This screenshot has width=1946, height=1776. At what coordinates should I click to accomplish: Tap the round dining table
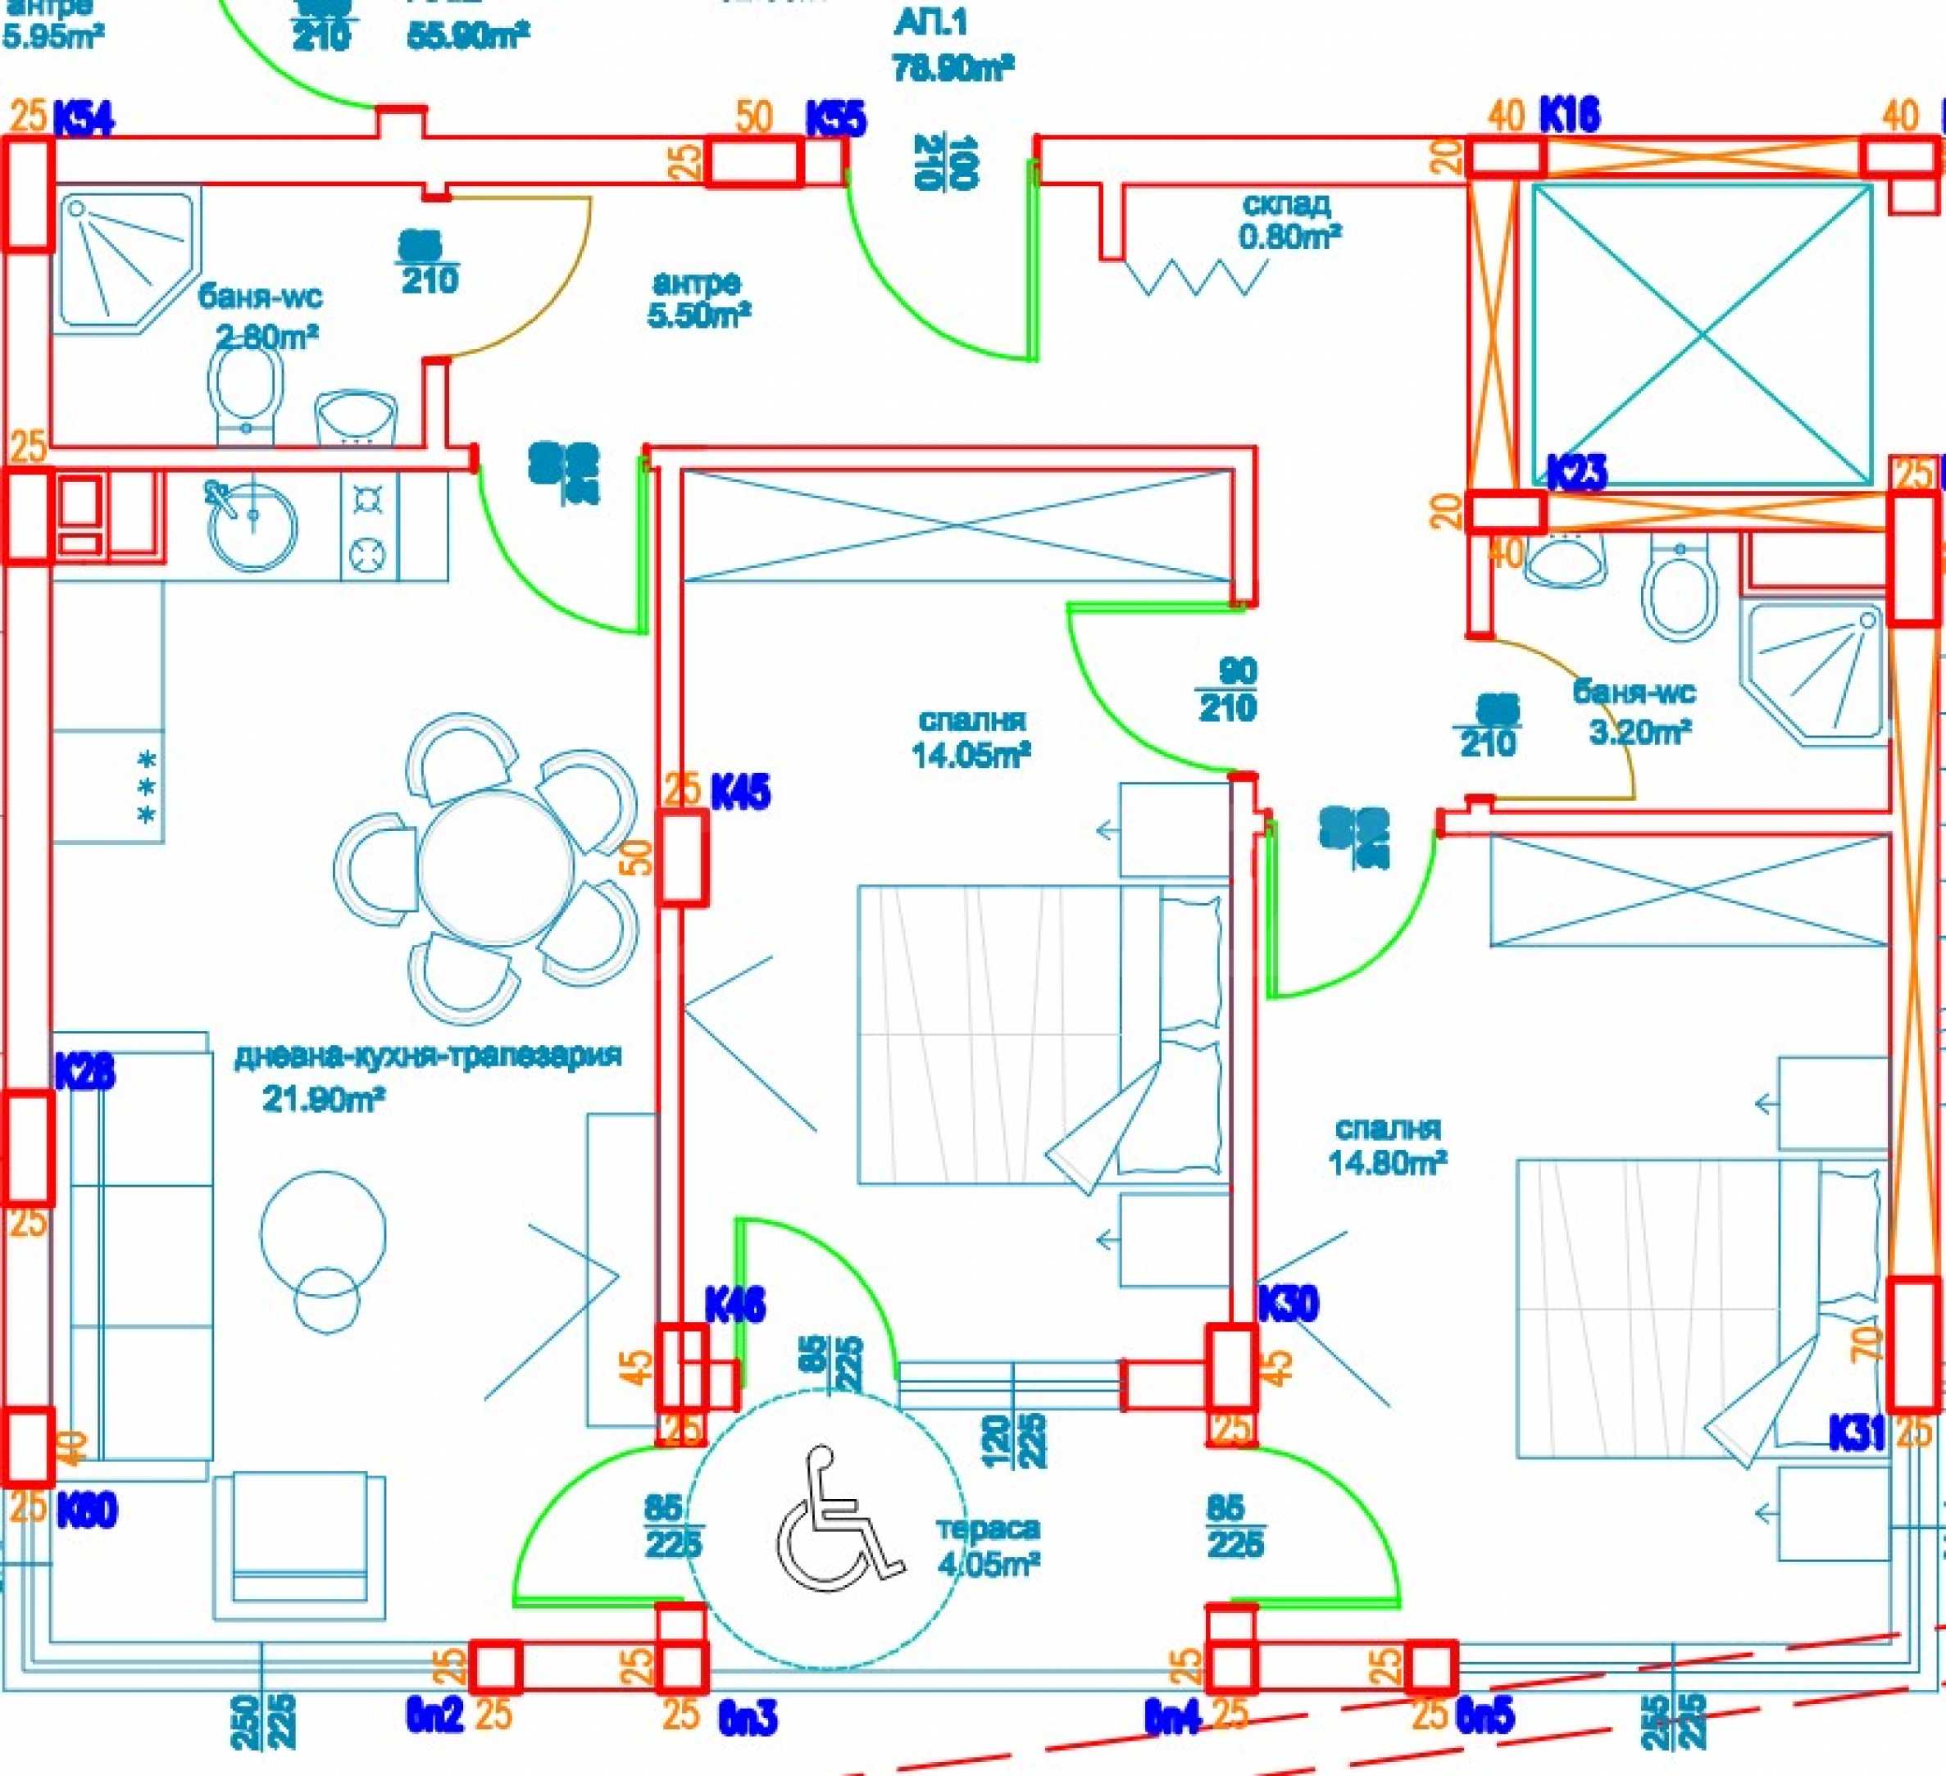point(496,858)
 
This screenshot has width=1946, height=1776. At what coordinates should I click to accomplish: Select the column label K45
point(740,793)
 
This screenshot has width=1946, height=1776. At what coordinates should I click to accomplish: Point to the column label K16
point(1569,115)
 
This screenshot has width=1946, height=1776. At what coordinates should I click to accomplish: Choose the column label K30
point(1288,1304)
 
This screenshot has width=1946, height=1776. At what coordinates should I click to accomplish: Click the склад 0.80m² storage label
point(1289,220)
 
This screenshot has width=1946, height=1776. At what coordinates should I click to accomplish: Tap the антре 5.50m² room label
point(698,298)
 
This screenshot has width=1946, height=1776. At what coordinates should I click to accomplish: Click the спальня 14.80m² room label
point(1387,1146)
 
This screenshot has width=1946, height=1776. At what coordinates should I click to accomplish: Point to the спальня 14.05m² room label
point(971,738)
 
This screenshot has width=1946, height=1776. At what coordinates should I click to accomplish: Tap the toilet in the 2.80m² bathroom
point(245,390)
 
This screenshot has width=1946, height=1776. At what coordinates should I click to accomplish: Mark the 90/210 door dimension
point(1227,690)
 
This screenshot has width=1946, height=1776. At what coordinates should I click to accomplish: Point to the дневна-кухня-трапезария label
point(428,1056)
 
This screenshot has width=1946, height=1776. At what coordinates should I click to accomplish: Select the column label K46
point(734,1305)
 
